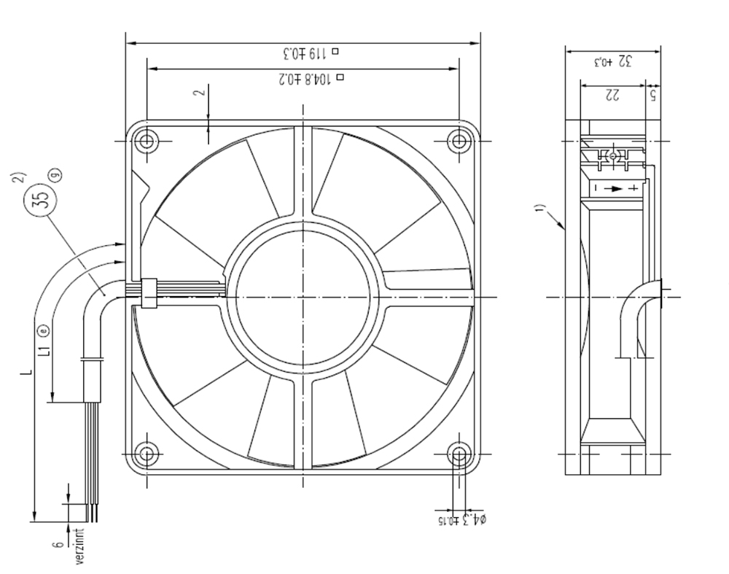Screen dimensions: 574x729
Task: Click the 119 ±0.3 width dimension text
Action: (x=307, y=53)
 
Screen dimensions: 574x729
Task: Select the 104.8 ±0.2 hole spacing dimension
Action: (x=307, y=78)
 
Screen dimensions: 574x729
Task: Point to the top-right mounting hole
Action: (x=459, y=139)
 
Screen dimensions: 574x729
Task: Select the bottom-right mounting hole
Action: (x=459, y=455)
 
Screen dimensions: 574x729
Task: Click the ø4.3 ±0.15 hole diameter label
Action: (x=461, y=520)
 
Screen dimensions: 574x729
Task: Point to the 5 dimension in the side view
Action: (x=653, y=95)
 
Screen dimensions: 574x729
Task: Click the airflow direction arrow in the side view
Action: (x=616, y=188)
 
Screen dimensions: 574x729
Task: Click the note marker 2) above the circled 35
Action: (x=21, y=177)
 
